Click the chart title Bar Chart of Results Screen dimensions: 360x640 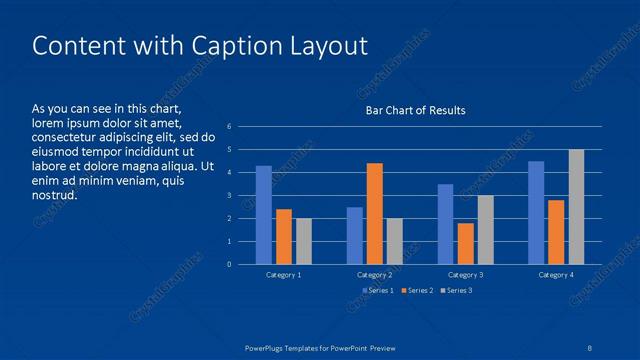tap(415, 110)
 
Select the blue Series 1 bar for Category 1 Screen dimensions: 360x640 tap(264, 215)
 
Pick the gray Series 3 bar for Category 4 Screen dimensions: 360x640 tap(576, 207)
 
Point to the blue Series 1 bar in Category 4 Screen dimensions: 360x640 tap(536, 212)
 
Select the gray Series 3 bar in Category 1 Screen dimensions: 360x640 tap(304, 241)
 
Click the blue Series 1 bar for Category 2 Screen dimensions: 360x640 tap(355, 235)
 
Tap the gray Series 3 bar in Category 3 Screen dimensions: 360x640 tap(485, 229)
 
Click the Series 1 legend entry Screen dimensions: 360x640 tap(376, 290)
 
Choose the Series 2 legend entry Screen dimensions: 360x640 tap(416, 290)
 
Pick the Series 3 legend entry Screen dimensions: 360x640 tap(456, 290)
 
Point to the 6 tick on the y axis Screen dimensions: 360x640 tap(230, 127)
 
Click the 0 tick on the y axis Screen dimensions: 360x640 tap(230, 264)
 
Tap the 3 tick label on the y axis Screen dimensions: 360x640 tap(230, 196)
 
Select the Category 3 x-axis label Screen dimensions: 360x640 tap(465, 274)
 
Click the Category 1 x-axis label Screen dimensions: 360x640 tap(284, 274)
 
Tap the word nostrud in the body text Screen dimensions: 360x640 tap(55, 195)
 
